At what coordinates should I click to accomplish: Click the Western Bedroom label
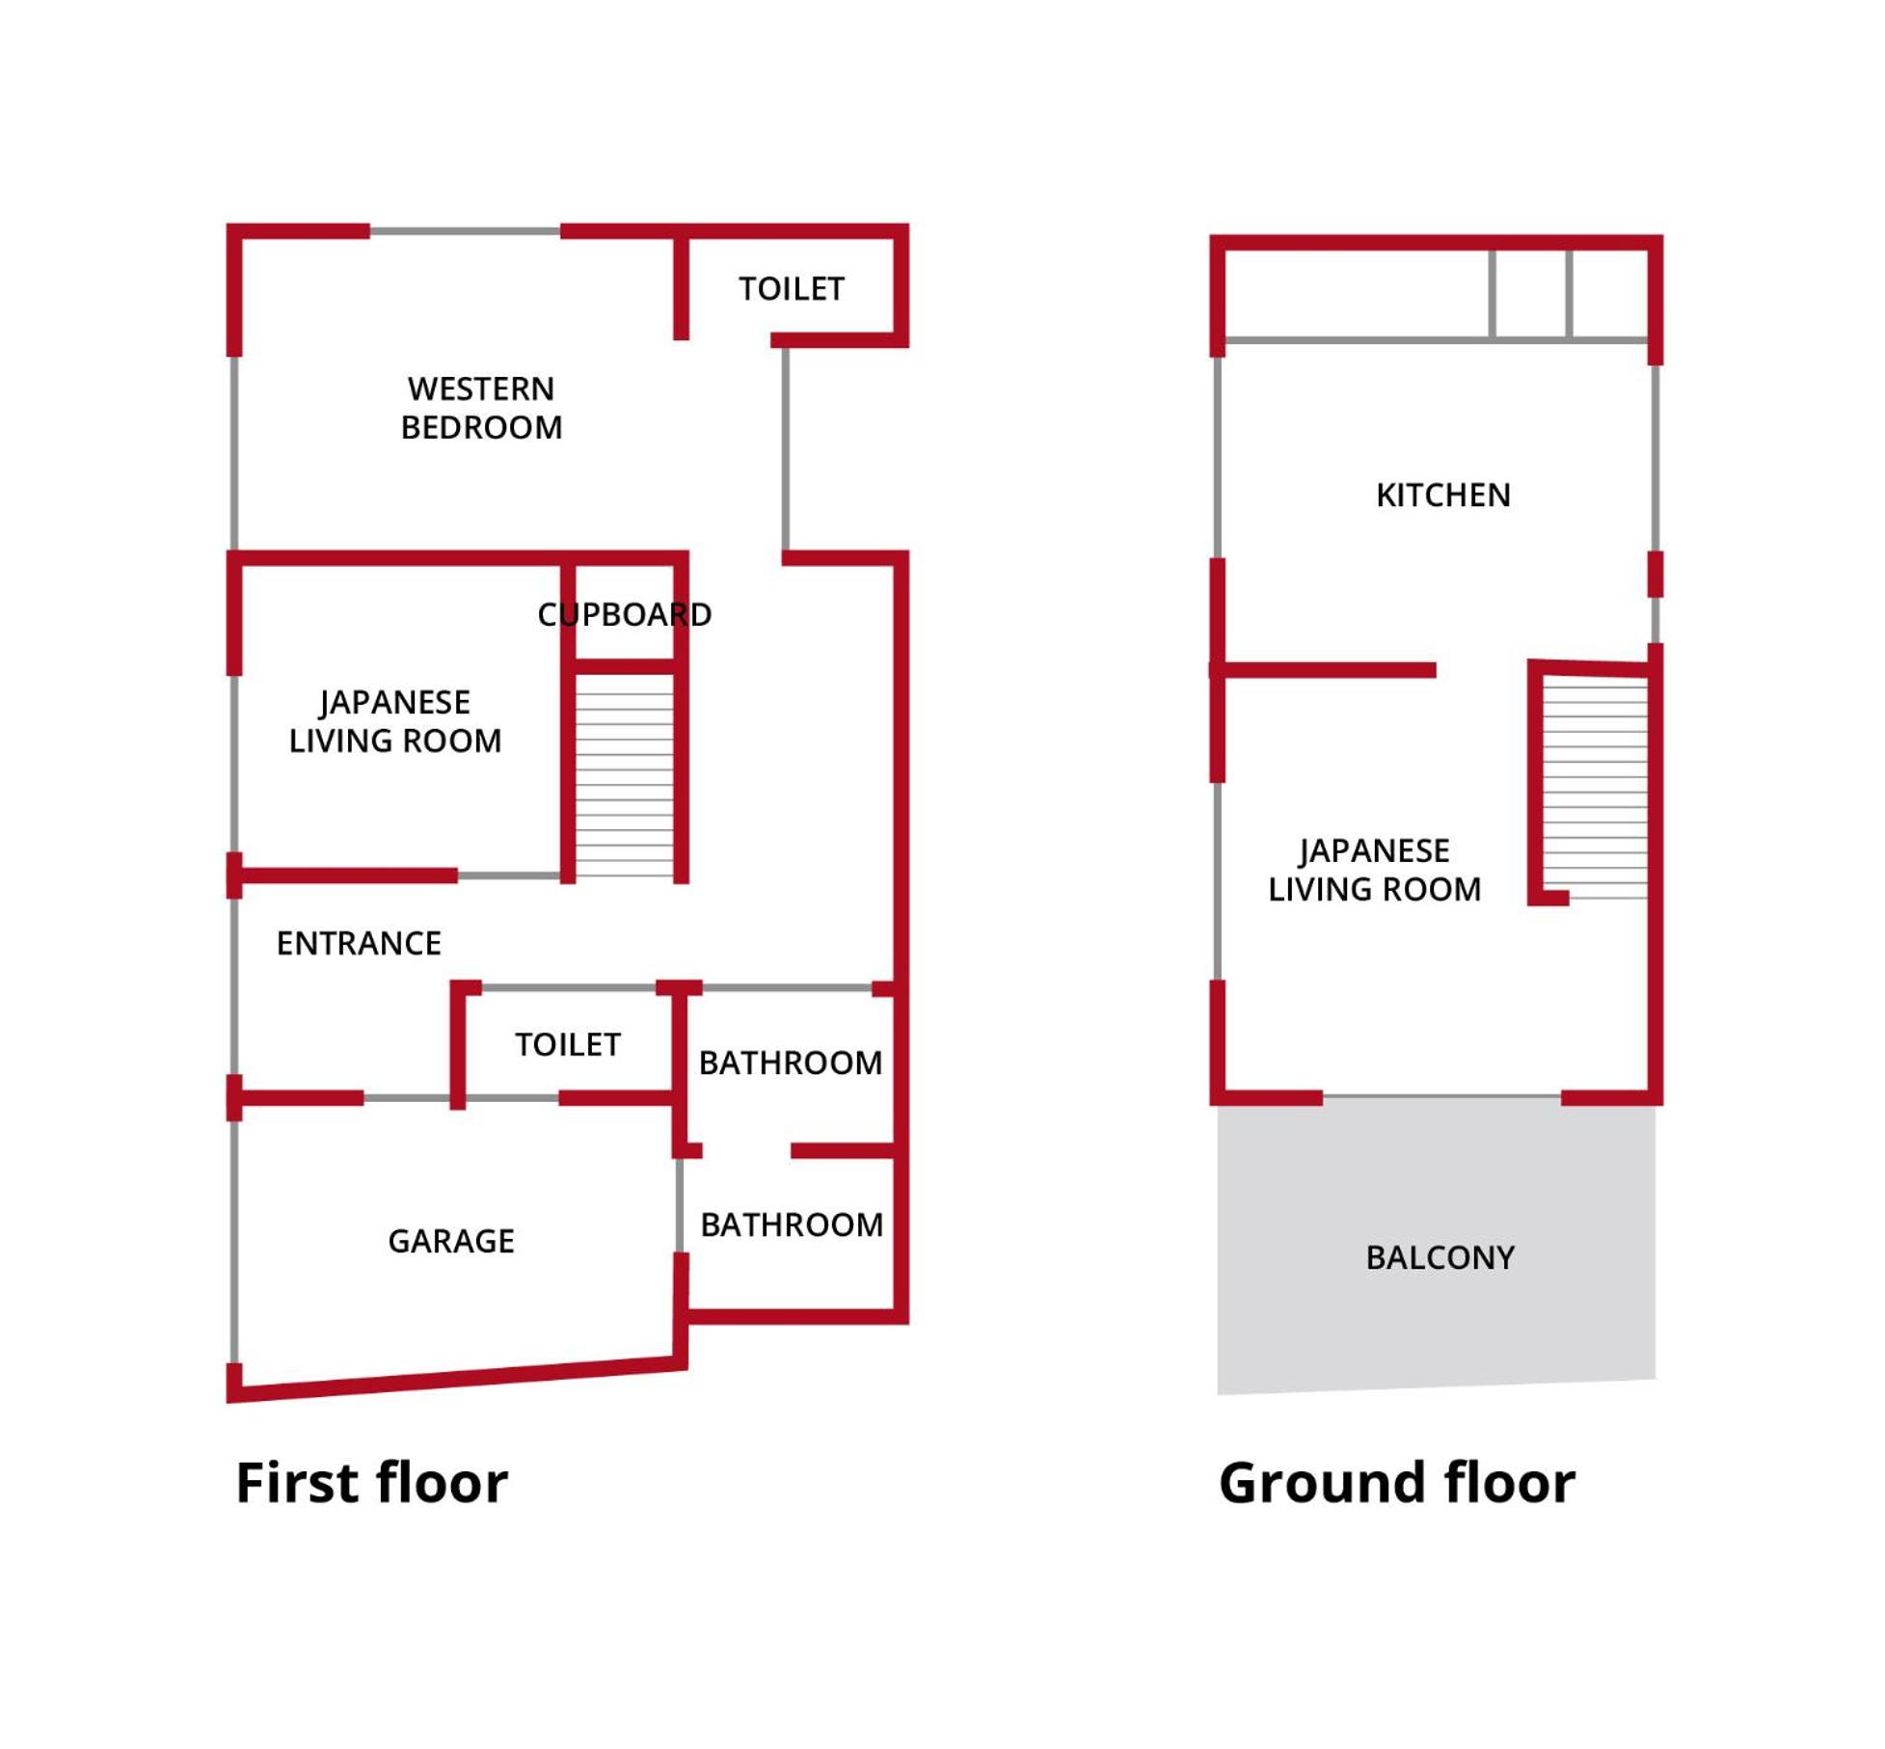pyautogui.click(x=481, y=408)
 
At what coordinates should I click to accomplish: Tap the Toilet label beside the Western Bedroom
pyautogui.click(x=792, y=289)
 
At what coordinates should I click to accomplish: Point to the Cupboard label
pyautogui.click(x=624, y=614)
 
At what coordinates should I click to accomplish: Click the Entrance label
pyautogui.click(x=359, y=943)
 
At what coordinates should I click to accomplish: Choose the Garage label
pyautogui.click(x=451, y=1241)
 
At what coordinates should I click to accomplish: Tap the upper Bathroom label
pyautogui.click(x=791, y=1063)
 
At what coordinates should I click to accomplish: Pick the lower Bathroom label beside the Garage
pyautogui.click(x=792, y=1224)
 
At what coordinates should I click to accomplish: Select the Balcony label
pyautogui.click(x=1441, y=1257)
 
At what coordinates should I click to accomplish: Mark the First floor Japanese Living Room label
pyautogui.click(x=395, y=721)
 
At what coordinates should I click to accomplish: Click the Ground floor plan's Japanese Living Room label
pyautogui.click(x=1374, y=870)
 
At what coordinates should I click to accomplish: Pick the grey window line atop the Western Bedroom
pyautogui.click(x=465, y=231)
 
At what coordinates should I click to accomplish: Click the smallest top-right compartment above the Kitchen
pyautogui.click(x=1609, y=294)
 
